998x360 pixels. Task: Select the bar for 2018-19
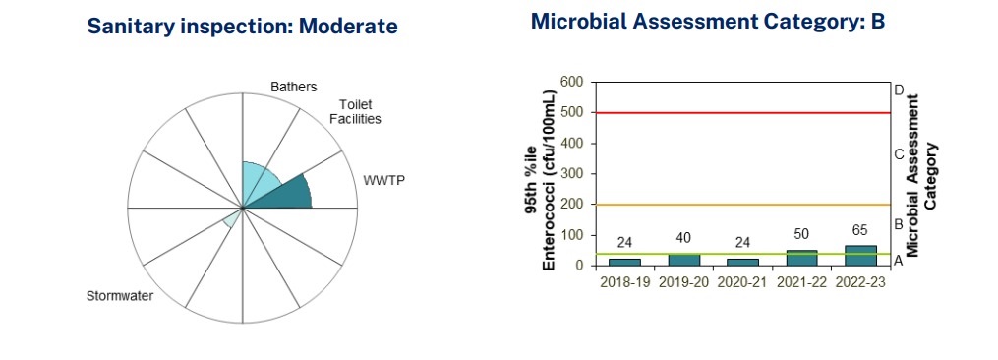pyautogui.click(x=624, y=262)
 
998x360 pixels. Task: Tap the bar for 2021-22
pyautogui.click(x=800, y=258)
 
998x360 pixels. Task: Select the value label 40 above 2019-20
pyautogui.click(x=683, y=238)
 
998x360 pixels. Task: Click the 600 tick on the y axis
pyautogui.click(x=572, y=83)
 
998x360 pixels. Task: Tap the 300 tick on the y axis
pyautogui.click(x=572, y=174)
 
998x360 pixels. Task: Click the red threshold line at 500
pyautogui.click(x=740, y=113)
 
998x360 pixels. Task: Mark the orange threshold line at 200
pyautogui.click(x=740, y=205)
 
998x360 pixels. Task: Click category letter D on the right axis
pyautogui.click(x=899, y=90)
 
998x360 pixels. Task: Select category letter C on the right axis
pyautogui.click(x=899, y=154)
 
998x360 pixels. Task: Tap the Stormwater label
pyautogui.click(x=120, y=297)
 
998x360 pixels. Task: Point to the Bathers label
pyautogui.click(x=293, y=87)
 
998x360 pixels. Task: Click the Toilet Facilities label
pyautogui.click(x=360, y=111)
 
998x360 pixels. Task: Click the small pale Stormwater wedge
pyautogui.click(x=233, y=218)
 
